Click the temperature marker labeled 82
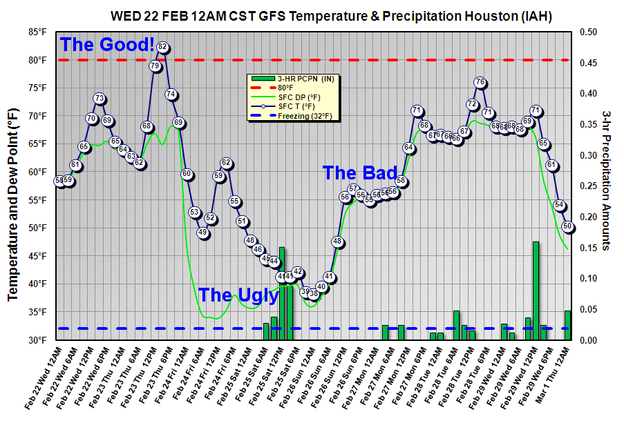click(162, 47)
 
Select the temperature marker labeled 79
click(154, 66)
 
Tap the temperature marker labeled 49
click(202, 233)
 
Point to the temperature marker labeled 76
click(480, 82)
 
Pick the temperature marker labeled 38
click(313, 293)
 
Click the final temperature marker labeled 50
click(568, 226)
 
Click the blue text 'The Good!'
click(107, 45)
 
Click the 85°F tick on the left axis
click(38, 32)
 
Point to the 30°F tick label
click(38, 340)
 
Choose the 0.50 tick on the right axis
click(588, 32)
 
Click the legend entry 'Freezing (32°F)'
click(304, 115)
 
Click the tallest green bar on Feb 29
click(536, 291)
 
